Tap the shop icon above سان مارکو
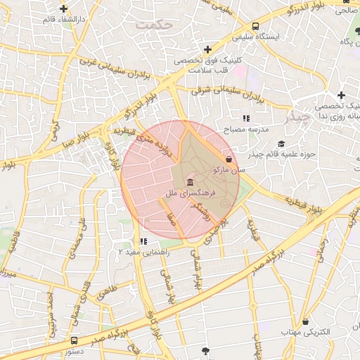coord(230,159)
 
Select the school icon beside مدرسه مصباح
coord(246,119)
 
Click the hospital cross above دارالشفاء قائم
coord(64,9)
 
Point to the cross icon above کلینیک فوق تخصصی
coord(207,49)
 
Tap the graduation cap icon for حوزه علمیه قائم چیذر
coord(281,143)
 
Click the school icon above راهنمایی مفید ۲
coord(143,241)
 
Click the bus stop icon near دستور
coord(75,340)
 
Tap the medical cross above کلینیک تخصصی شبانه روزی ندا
coord(341,95)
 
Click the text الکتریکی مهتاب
coord(306,330)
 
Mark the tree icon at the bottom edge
coord(205,350)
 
